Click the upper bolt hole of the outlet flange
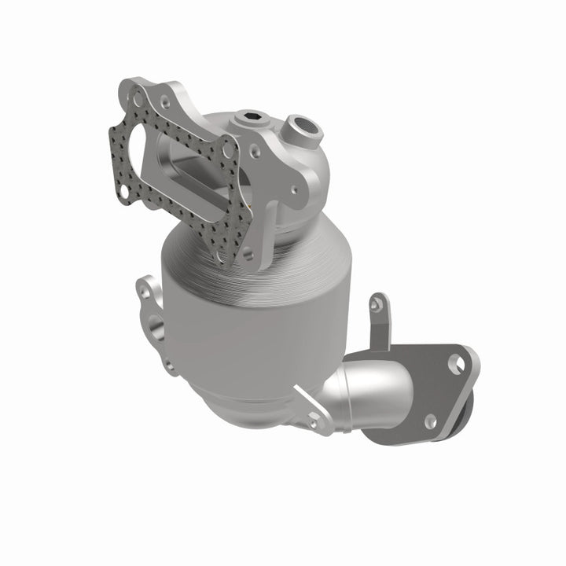[454, 363]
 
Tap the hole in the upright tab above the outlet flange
[378, 303]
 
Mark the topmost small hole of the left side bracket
[145, 290]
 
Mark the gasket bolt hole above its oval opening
[138, 99]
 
